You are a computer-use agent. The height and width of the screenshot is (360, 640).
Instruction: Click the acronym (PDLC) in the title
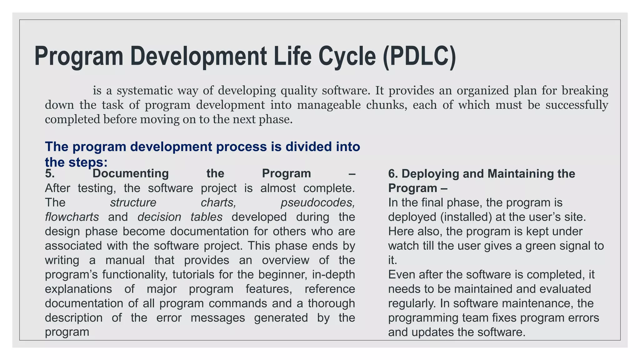pos(419,56)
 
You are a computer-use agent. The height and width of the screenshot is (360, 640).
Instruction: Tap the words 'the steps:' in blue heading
pos(76,162)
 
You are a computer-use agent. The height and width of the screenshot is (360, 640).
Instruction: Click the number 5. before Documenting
pos(50,173)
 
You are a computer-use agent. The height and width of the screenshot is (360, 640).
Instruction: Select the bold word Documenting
pos(131,173)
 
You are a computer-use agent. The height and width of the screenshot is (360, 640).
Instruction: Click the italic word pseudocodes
pos(317,203)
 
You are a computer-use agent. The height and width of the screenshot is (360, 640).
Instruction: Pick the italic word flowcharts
pos(72,217)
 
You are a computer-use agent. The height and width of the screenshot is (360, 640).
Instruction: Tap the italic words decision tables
pos(180,217)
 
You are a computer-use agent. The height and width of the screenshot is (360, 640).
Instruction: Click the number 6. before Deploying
pos(393,174)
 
